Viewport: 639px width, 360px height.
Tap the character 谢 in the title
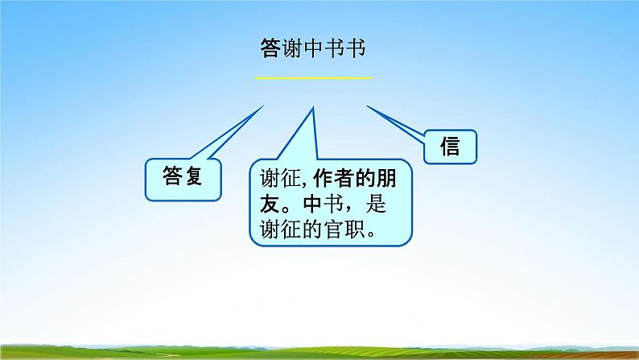tap(295, 48)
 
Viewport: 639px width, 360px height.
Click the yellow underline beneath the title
tap(314, 77)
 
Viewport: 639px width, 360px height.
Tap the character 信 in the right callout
tap(451, 147)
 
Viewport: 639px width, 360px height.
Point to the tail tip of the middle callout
tap(311, 107)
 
